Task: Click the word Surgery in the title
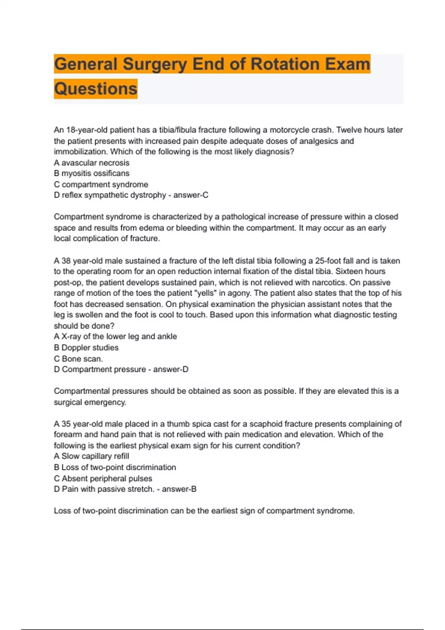click(x=155, y=64)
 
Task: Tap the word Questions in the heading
click(x=96, y=89)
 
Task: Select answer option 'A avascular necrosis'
click(x=92, y=163)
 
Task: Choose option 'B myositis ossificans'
click(x=92, y=173)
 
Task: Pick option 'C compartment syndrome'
click(x=101, y=185)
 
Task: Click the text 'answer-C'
click(x=191, y=195)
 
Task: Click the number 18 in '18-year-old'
click(x=70, y=130)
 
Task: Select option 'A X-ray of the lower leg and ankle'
click(x=115, y=336)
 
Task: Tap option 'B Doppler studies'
click(x=86, y=348)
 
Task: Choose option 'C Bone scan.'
click(x=78, y=359)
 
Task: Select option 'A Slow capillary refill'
click(x=91, y=456)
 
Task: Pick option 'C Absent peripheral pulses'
click(x=103, y=478)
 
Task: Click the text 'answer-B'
click(x=179, y=489)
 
